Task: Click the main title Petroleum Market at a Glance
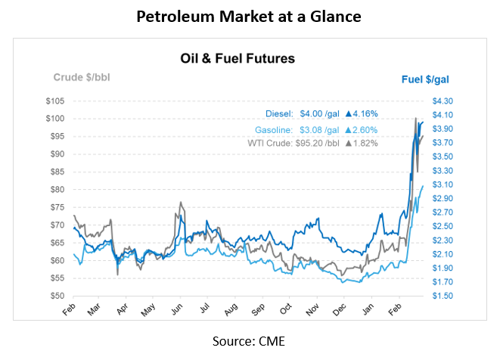pyautogui.click(x=250, y=17)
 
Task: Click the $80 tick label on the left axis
pyautogui.click(x=56, y=189)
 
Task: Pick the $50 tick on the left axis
pyautogui.click(x=56, y=296)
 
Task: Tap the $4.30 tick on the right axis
pyautogui.click(x=443, y=101)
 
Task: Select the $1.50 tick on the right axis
pyautogui.click(x=443, y=296)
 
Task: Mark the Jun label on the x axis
pyautogui.click(x=175, y=310)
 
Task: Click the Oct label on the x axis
pyautogui.click(x=284, y=310)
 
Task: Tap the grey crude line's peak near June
pyautogui.click(x=180, y=202)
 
